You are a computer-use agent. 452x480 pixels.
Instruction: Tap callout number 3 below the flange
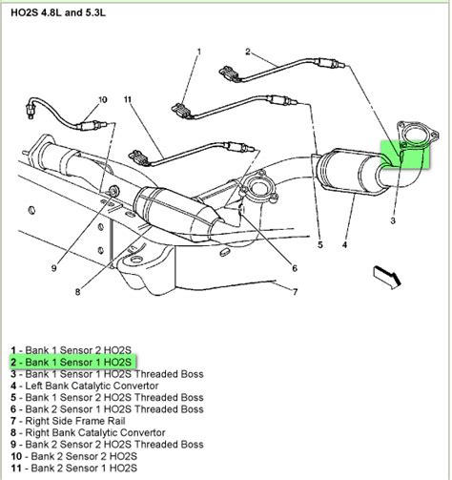click(392, 219)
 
